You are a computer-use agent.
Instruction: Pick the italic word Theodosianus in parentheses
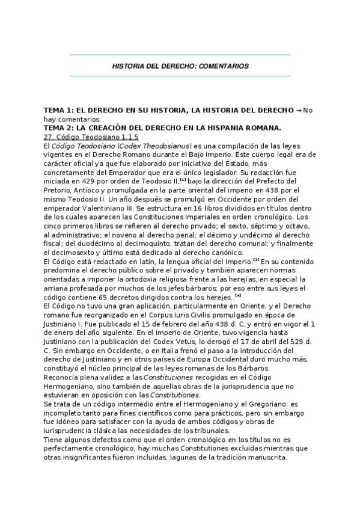(x=165, y=146)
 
